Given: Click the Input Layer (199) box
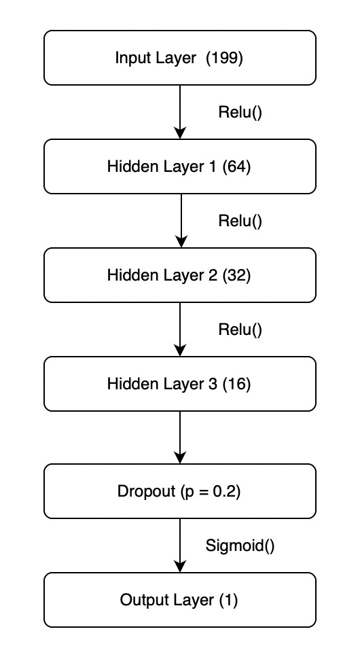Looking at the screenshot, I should pos(180,58).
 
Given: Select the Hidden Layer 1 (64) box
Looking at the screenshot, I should pos(180,166).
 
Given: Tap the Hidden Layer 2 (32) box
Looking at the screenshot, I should pos(180,275).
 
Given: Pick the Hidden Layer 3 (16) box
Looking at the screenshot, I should pos(180,384).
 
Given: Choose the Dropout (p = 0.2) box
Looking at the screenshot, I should pos(180,491).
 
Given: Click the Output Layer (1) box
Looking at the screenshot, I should pos(180,600).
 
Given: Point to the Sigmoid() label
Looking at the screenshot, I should pos(240,545).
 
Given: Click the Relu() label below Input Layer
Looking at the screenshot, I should pos(240,112).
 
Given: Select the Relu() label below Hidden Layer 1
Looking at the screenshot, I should pos(240,221).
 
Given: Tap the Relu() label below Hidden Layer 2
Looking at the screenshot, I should pos(240,329).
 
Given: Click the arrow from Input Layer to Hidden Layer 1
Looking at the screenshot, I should pos(180,112).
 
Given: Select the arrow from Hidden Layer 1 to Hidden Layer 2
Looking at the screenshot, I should pos(180,221).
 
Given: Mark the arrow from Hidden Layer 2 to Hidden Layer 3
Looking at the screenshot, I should pos(180,329).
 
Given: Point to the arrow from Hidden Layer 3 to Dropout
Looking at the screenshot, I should pos(180,438).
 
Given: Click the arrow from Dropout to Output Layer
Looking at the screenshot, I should pos(180,546).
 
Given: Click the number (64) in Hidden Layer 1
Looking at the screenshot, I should pos(236,166).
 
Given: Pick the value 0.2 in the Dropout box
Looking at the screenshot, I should pos(225,491).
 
